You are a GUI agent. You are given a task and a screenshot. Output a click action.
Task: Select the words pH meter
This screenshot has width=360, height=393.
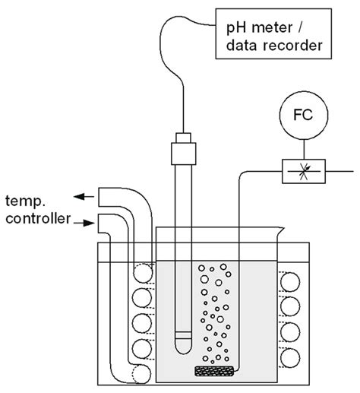pos(260,28)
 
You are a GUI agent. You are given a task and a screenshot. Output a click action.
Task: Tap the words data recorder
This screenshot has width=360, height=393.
pos(274,46)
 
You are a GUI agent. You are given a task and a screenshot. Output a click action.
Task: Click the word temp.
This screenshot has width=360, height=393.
pos(25,201)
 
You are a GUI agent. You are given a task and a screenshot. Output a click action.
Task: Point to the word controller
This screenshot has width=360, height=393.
pos(38,218)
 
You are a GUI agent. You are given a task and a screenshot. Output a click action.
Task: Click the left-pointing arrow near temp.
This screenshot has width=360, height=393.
pos(84,196)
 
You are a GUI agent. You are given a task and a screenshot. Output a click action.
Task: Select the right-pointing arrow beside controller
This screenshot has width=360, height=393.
pos(84,223)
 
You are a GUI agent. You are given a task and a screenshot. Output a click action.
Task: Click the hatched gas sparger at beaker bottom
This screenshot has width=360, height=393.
pos(214,371)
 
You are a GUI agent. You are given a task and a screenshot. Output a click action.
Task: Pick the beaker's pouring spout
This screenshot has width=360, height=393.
pos(281,231)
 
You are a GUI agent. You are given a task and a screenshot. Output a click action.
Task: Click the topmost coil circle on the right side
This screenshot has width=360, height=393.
pos(290,282)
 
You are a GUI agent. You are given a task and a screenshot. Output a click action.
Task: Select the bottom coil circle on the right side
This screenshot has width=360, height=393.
pos(290,358)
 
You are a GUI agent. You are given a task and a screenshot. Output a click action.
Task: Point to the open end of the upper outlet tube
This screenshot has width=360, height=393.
pos(99,197)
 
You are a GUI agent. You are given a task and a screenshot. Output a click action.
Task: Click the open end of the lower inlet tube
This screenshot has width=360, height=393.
pos(98,223)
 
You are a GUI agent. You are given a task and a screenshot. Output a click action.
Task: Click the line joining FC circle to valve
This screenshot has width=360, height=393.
pos(304,150)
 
